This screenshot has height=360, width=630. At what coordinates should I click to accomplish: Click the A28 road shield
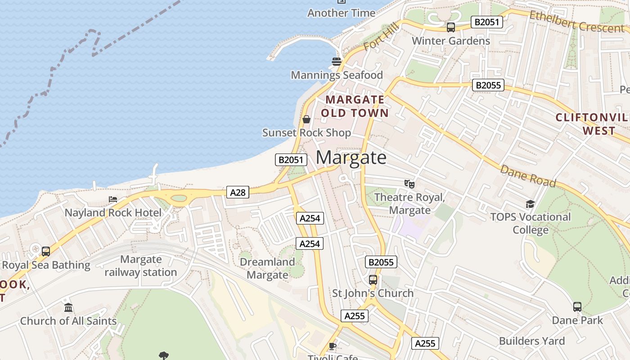(238, 193)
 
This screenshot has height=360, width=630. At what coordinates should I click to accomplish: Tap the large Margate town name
(351, 157)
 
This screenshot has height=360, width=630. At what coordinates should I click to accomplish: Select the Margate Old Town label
(355, 106)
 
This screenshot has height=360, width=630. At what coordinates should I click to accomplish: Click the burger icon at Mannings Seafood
(336, 62)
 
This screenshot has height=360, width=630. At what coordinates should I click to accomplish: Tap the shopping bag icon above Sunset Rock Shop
(306, 119)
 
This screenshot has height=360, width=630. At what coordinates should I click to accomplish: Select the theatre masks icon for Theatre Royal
(409, 184)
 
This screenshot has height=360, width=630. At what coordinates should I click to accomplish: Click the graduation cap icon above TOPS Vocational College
(530, 204)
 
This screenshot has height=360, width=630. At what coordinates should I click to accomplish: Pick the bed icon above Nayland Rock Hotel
(113, 199)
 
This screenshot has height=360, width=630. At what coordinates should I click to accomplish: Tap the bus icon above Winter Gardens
(451, 27)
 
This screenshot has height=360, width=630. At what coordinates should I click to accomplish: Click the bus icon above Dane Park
(577, 307)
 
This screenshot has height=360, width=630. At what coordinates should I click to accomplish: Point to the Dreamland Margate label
(267, 268)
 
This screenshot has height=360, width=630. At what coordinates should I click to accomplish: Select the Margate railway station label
(141, 266)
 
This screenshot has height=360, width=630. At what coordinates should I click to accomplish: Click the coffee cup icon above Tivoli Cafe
(332, 346)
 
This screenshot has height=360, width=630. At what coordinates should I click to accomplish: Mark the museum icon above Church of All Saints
(68, 307)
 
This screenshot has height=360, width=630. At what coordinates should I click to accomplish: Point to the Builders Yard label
(531, 341)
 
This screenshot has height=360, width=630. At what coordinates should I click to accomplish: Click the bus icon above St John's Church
(373, 279)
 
